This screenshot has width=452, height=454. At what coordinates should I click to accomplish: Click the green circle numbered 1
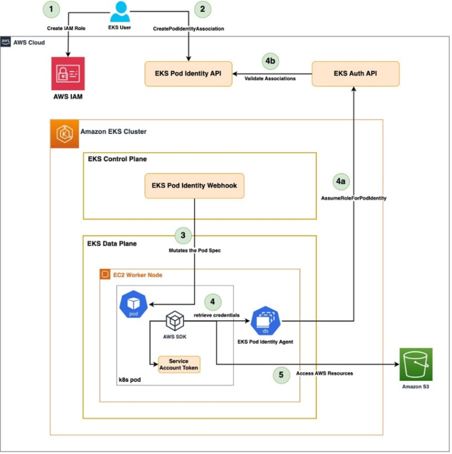(51, 9)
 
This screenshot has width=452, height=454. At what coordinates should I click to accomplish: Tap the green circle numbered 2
(202, 9)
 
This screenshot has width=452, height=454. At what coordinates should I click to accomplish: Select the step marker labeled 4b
(270, 61)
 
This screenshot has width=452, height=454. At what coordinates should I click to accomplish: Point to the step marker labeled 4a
(341, 181)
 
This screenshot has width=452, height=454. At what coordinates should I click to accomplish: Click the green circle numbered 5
(281, 375)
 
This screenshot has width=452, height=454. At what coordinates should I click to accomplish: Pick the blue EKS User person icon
(120, 12)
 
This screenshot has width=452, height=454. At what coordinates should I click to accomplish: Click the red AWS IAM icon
(68, 74)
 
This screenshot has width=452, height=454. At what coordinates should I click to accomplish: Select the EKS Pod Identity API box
(188, 74)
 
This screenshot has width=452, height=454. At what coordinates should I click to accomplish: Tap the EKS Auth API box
(355, 74)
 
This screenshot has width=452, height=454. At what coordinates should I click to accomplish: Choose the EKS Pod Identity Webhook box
(194, 186)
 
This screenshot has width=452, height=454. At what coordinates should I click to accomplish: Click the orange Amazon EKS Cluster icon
(65, 134)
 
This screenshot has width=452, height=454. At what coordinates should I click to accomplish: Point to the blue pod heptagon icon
(133, 305)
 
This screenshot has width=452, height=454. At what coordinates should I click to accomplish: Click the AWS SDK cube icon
(175, 321)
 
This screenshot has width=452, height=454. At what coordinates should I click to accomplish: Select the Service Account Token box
(179, 364)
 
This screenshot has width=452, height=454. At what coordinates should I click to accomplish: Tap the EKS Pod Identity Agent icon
(266, 321)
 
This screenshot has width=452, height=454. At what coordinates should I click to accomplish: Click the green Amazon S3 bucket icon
(416, 364)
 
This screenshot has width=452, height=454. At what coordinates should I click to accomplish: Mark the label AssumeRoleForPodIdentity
(353, 198)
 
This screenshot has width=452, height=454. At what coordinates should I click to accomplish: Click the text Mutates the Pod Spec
(195, 250)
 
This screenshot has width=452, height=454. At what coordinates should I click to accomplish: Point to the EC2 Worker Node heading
(137, 275)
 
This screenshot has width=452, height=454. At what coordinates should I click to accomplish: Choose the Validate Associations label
(270, 78)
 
